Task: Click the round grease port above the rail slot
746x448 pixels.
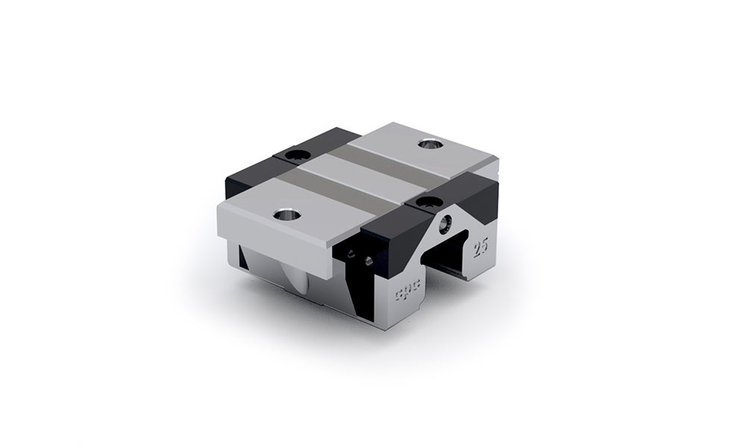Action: point(446,222)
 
